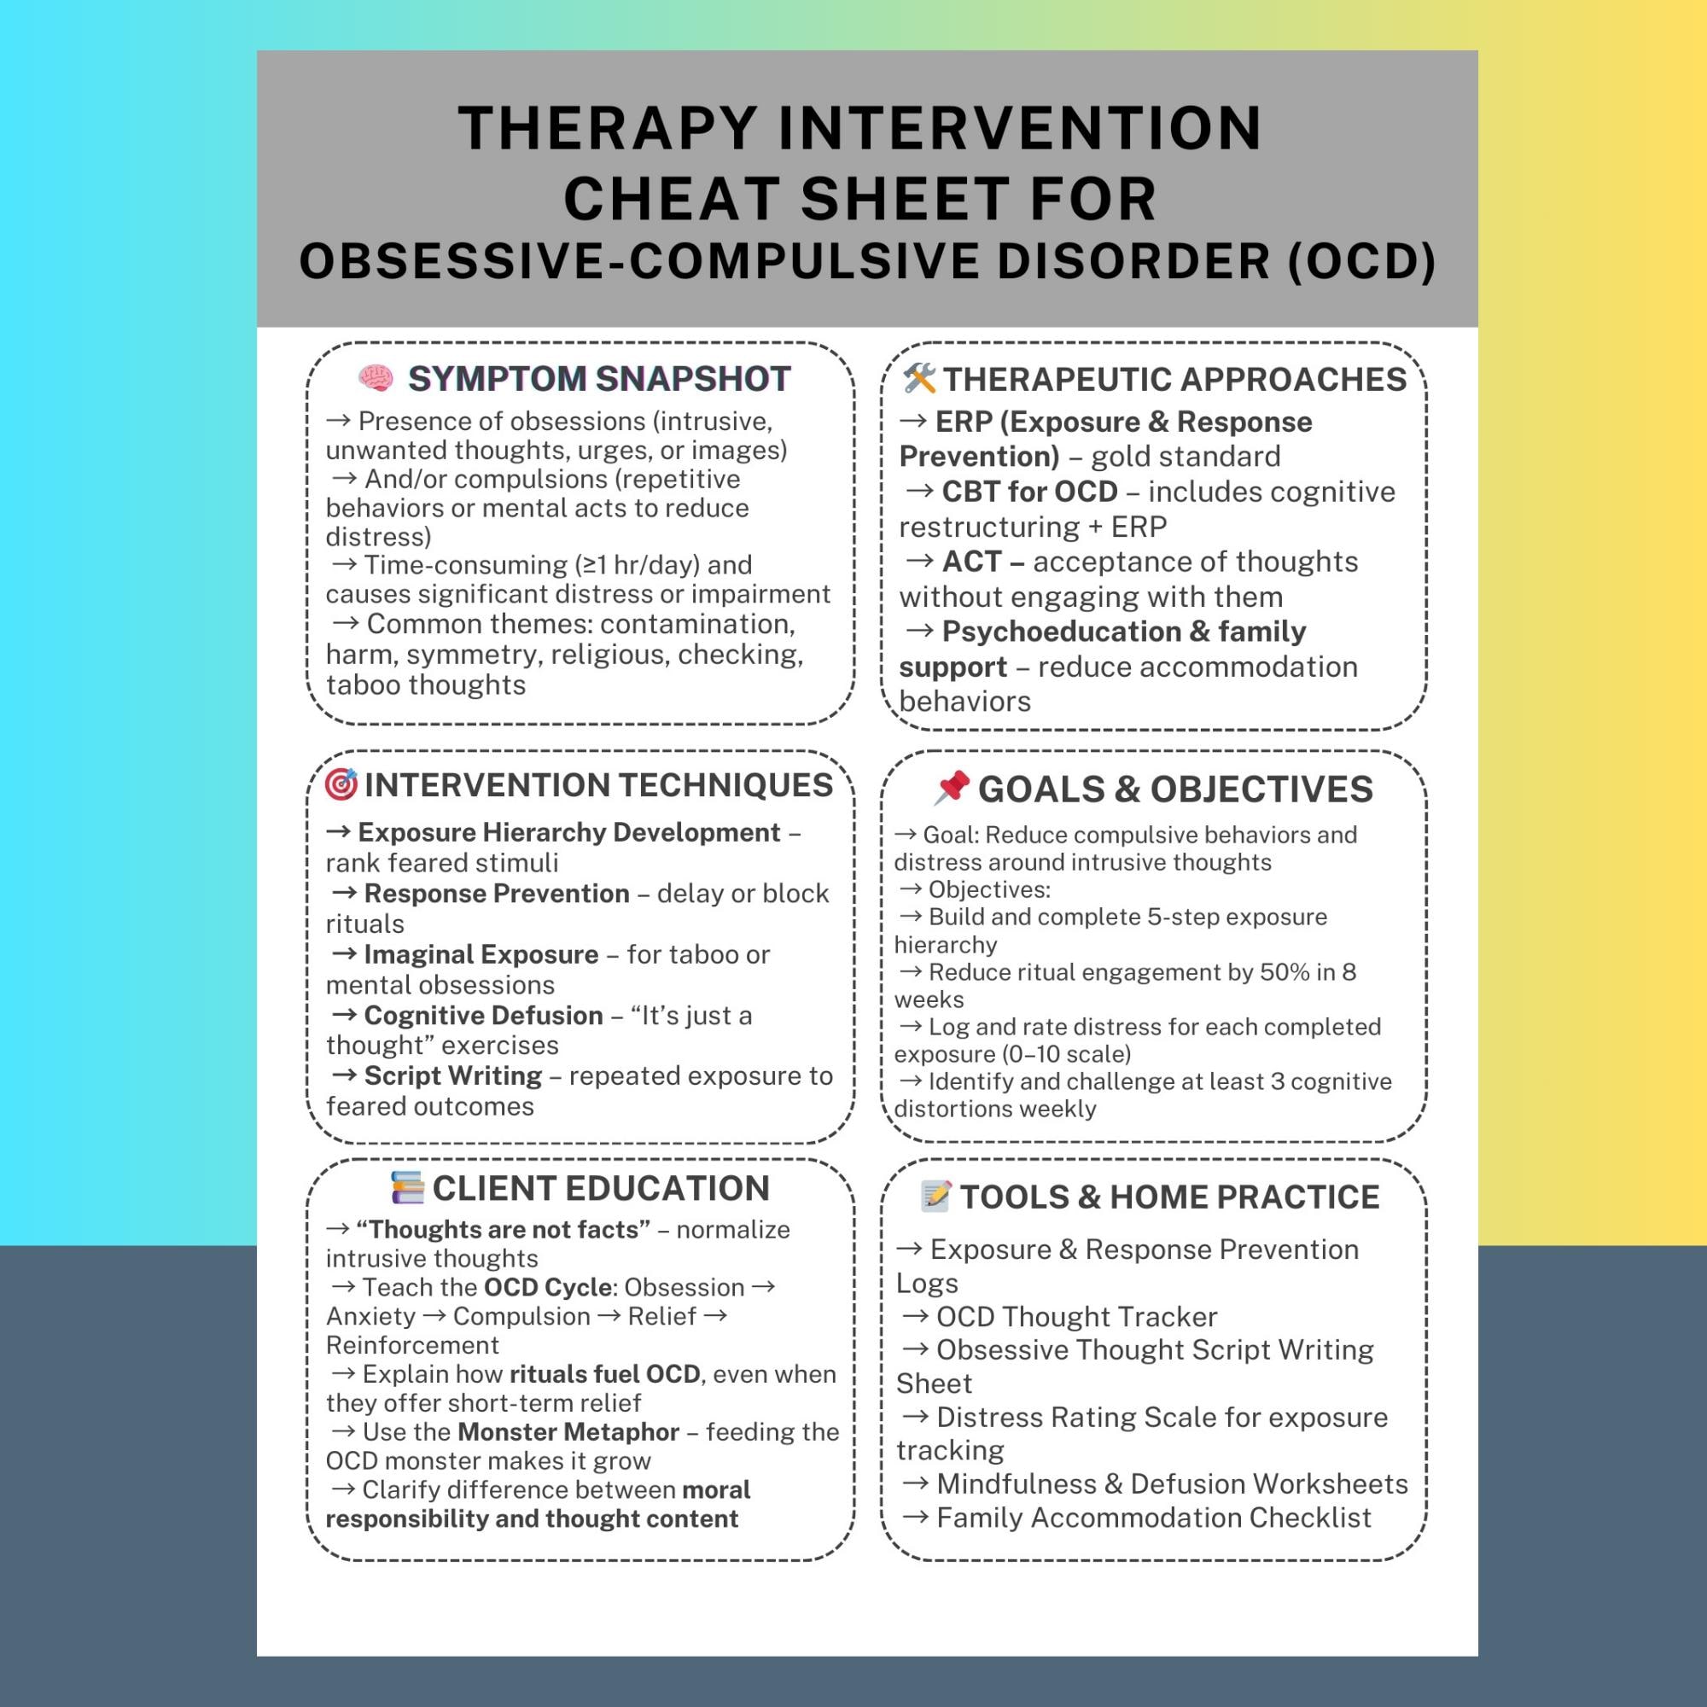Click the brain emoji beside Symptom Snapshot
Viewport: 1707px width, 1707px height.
pyautogui.click(x=376, y=378)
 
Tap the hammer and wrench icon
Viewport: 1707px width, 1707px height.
pyautogui.click(x=919, y=378)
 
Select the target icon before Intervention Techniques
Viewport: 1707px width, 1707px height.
pyautogui.click(x=341, y=784)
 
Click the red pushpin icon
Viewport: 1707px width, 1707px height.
pyautogui.click(x=952, y=787)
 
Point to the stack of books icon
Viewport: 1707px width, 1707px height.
pyautogui.click(x=407, y=1187)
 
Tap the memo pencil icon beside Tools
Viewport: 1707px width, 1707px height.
pyautogui.click(x=935, y=1196)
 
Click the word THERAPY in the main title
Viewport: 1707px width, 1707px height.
pyautogui.click(x=608, y=129)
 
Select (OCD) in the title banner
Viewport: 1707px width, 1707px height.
pyautogui.click(x=1361, y=261)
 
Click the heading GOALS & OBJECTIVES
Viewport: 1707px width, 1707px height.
pyautogui.click(x=1175, y=789)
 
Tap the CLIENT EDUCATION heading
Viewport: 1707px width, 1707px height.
pyautogui.click(x=601, y=1188)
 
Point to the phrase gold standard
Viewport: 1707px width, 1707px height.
pyautogui.click(x=1185, y=456)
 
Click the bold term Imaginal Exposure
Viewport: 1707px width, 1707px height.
pyautogui.click(x=481, y=954)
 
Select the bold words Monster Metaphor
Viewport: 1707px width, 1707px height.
pyautogui.click(x=568, y=1431)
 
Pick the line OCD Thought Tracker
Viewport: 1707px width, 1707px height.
pyautogui.click(x=1076, y=1316)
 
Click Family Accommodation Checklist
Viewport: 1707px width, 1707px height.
pyautogui.click(x=1154, y=1517)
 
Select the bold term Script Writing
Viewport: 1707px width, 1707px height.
pyautogui.click(x=453, y=1075)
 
